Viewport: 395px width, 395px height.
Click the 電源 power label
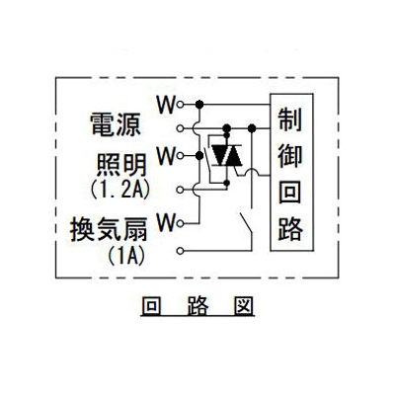point(116,124)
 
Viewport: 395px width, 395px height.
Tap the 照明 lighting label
point(121,165)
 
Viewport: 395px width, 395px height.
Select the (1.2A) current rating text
point(120,189)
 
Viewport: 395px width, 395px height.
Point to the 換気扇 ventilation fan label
point(109,229)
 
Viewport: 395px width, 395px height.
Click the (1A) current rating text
point(126,255)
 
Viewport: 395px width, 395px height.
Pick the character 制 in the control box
point(290,120)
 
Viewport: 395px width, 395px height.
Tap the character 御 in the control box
point(290,156)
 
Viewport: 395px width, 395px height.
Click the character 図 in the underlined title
point(243,306)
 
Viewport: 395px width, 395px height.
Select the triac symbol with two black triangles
point(226,155)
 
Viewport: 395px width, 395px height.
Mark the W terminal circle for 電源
point(180,105)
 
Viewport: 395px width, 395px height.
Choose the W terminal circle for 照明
point(180,155)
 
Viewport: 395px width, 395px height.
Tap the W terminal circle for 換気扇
point(180,224)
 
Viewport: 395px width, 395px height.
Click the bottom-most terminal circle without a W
point(180,251)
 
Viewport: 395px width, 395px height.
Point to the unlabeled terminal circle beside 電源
point(180,128)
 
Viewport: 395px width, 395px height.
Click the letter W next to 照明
point(166,156)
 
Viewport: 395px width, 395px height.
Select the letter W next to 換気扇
point(166,223)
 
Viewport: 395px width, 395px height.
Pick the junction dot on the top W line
point(199,105)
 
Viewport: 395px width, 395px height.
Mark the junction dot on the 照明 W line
point(199,155)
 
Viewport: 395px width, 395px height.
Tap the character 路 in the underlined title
point(197,306)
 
